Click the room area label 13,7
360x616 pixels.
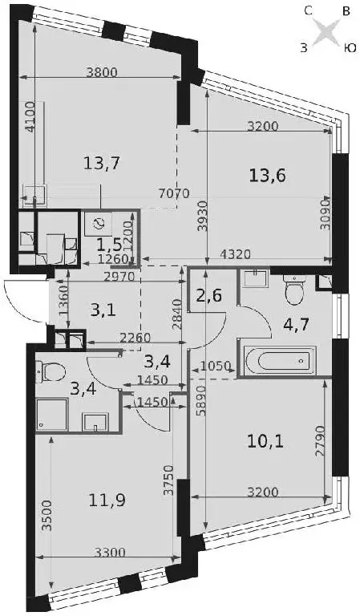coord(101,162)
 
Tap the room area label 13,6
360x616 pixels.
coord(267,175)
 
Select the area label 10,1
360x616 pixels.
coord(265,443)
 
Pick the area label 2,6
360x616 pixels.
coord(208,295)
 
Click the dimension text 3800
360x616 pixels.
coord(101,72)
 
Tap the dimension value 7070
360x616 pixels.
coord(174,193)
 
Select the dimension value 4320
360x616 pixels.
coord(234,254)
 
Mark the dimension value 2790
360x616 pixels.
coord(319,440)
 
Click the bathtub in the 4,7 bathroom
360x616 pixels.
coord(280,360)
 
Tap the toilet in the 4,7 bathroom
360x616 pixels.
coord(293,290)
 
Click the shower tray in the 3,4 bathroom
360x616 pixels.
coord(51,415)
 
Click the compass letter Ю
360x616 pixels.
coord(350,48)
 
